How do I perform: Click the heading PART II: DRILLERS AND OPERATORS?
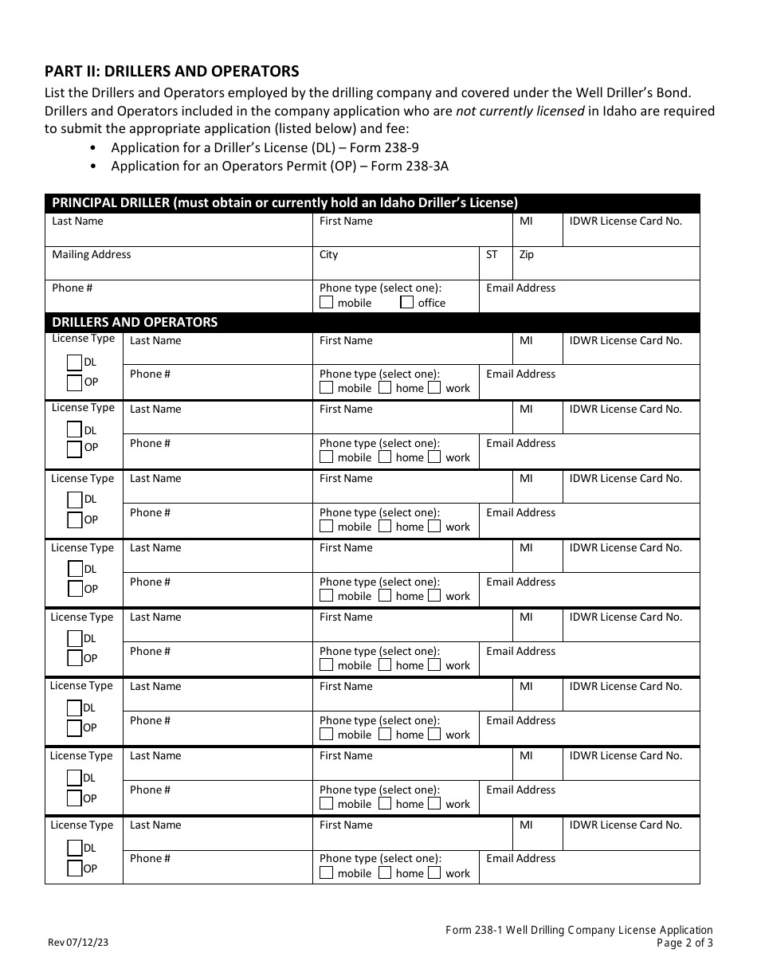pos(171,71)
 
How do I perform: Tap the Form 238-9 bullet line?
pos(265,147)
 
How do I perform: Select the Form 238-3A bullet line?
pos(280,166)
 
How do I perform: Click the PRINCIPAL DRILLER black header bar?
pos(372,202)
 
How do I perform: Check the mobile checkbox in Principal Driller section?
pos(327,303)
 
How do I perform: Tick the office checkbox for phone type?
pos(407,303)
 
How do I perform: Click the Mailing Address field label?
pos(92,255)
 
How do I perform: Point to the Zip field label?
pos(526,255)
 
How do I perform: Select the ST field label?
pos(492,255)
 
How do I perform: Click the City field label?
pos(328,255)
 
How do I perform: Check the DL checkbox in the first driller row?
pos(75,363)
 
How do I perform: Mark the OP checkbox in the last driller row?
pos(75,868)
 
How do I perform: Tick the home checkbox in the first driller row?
pos(385,388)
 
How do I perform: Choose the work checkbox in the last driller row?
pos(434,873)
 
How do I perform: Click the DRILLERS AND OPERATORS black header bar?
pos(372,323)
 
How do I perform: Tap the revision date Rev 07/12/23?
pos(78,942)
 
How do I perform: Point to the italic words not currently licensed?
pos(520,111)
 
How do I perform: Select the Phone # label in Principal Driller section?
pos(72,288)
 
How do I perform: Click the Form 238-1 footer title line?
pos(579,930)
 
